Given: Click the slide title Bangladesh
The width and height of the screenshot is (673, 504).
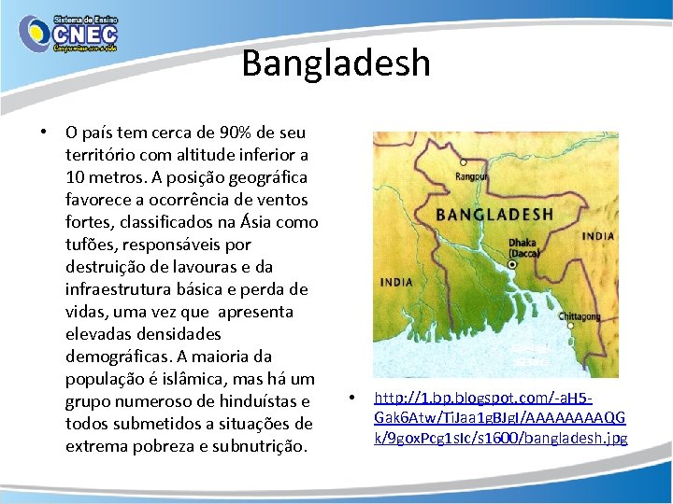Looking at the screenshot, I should (336, 63).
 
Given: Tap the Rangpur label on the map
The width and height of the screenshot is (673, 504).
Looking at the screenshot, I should (471, 175).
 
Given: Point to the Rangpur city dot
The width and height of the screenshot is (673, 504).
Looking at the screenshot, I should (464, 162).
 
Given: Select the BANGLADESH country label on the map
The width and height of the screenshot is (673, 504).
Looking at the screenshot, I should (494, 214).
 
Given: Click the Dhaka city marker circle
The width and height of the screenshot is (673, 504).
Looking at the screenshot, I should (512, 264).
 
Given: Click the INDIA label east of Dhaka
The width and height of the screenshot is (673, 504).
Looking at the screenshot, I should (597, 236).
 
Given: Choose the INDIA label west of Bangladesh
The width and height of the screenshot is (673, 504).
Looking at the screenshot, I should (396, 281).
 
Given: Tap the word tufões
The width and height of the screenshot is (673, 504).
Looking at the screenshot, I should (92, 245).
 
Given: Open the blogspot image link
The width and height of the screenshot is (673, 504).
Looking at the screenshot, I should (500, 417).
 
